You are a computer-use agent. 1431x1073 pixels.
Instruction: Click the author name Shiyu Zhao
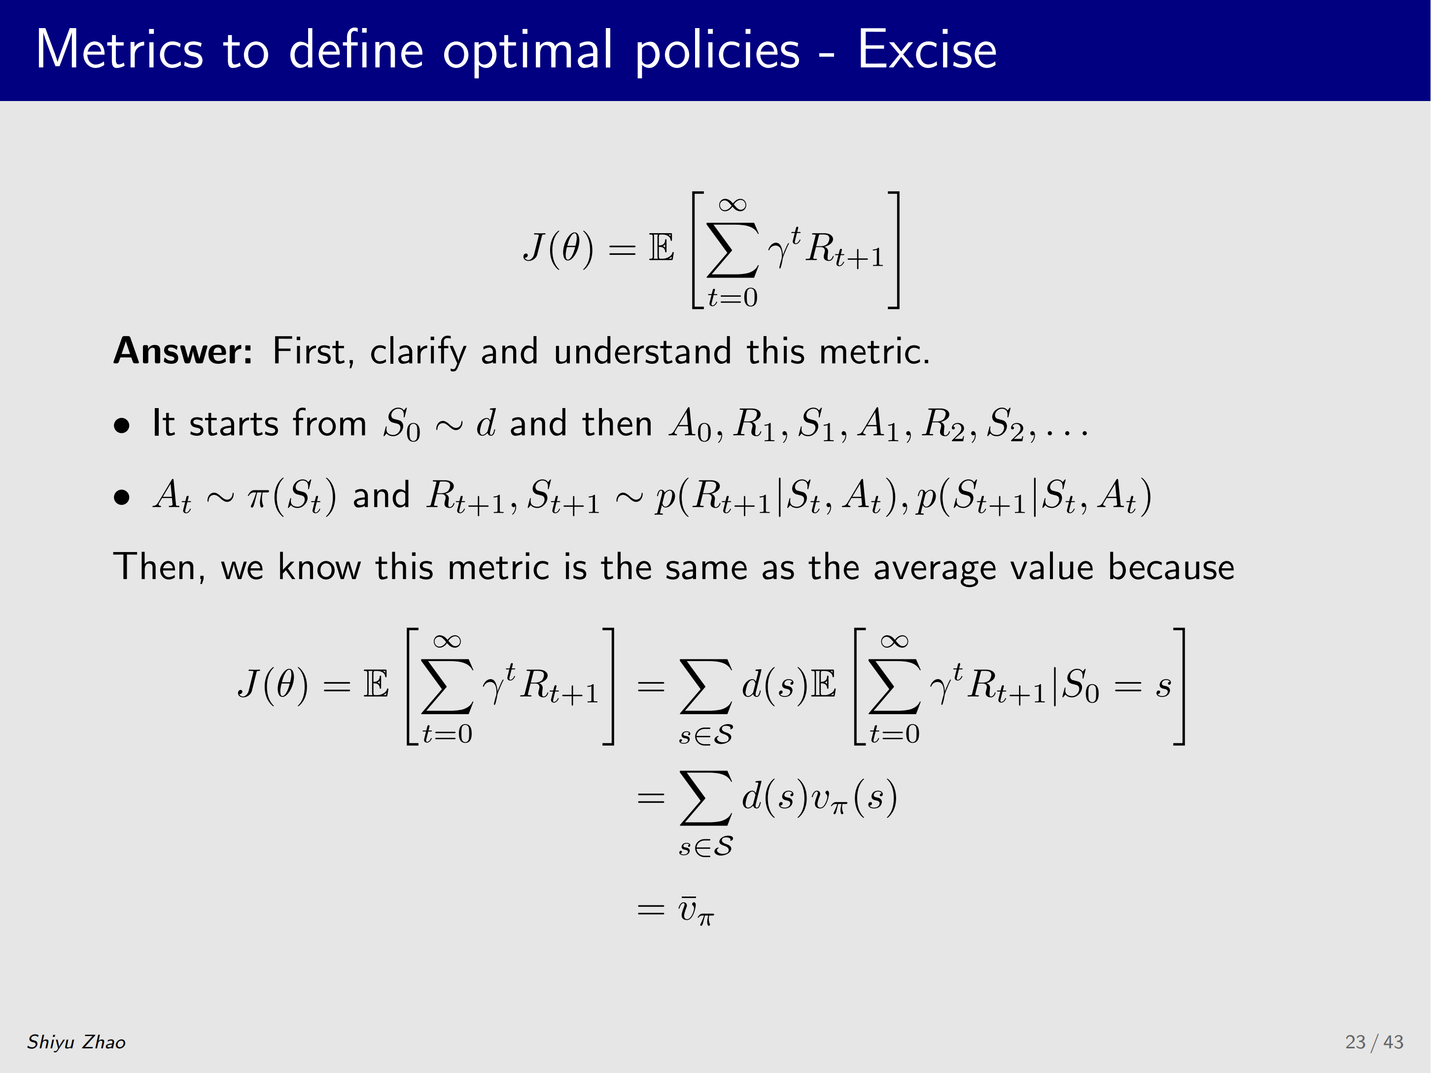point(76,1042)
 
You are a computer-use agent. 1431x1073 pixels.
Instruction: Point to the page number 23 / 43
point(1374,1042)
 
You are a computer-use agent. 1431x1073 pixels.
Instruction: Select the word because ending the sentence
point(1171,567)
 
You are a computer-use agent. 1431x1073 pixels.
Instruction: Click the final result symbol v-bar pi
point(696,911)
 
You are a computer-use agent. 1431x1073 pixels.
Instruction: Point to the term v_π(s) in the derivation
point(855,797)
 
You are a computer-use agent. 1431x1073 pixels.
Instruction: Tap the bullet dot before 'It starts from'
point(122,425)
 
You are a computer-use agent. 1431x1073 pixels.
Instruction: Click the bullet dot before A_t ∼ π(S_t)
point(122,497)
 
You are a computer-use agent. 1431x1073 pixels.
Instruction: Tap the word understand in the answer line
point(642,351)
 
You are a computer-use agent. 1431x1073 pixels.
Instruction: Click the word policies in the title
point(718,50)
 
